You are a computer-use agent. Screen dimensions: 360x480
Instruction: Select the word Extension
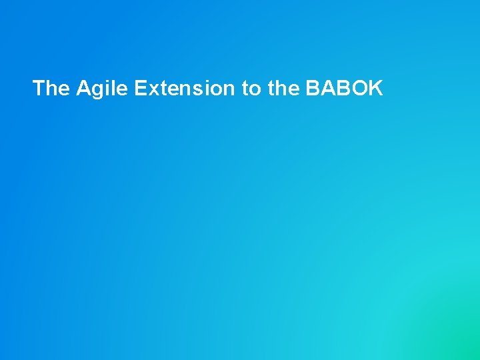point(184,88)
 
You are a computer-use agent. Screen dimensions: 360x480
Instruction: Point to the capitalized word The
point(51,88)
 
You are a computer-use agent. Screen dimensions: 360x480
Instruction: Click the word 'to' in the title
point(251,88)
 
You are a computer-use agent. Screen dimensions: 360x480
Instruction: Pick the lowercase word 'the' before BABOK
point(283,88)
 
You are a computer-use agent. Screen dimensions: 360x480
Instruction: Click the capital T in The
point(39,88)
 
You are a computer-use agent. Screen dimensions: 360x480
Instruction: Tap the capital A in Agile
point(83,88)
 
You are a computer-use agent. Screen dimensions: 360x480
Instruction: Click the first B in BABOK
point(312,88)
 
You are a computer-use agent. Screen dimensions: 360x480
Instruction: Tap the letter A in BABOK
point(327,88)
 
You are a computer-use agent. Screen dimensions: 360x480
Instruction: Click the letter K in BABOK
point(376,88)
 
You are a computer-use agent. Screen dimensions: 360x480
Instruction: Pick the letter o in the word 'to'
point(255,89)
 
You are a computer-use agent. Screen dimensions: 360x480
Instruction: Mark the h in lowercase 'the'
point(283,88)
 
